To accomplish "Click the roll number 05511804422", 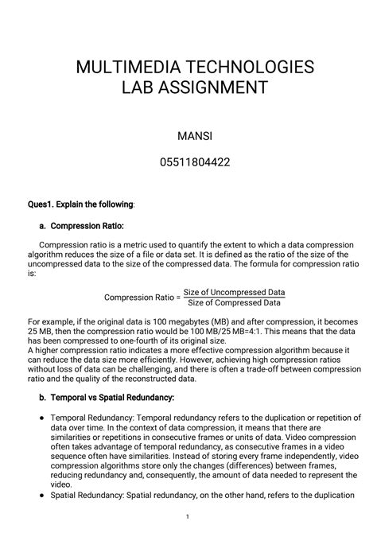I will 188,163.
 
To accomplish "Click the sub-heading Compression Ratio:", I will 87,226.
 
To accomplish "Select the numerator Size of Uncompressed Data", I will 234,293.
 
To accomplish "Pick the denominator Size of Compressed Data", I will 234,303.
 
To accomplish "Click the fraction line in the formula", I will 234,298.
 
